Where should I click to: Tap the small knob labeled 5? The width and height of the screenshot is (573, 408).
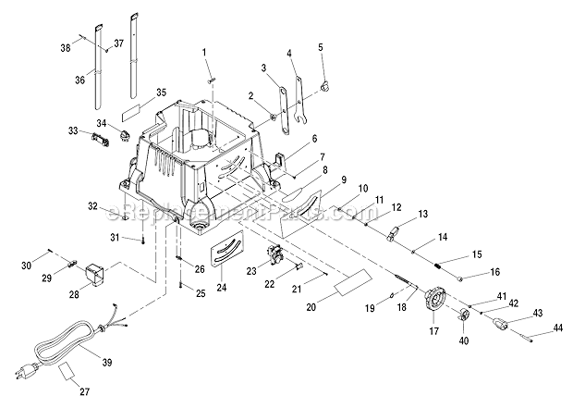325,85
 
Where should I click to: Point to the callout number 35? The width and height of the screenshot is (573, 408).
161,93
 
